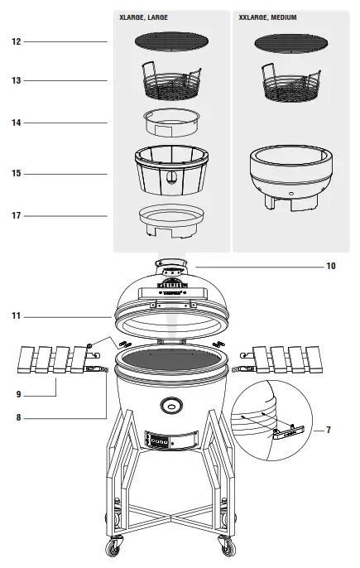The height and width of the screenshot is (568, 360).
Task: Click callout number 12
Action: [16, 41]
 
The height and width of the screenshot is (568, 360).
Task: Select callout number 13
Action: [16, 80]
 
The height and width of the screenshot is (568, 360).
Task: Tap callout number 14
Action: [16, 123]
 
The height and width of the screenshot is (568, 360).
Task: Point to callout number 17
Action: [16, 216]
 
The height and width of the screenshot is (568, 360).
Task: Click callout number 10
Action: [331, 267]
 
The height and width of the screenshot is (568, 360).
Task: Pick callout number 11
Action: [16, 316]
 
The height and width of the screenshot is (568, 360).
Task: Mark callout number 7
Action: [329, 430]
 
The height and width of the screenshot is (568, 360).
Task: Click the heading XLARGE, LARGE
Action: [146, 17]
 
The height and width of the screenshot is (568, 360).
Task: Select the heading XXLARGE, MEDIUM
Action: [267, 17]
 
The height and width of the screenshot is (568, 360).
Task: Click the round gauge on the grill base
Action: [171, 405]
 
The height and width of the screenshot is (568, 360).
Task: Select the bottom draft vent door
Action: [171, 442]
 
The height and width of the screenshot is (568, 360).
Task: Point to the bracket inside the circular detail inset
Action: [286, 431]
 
